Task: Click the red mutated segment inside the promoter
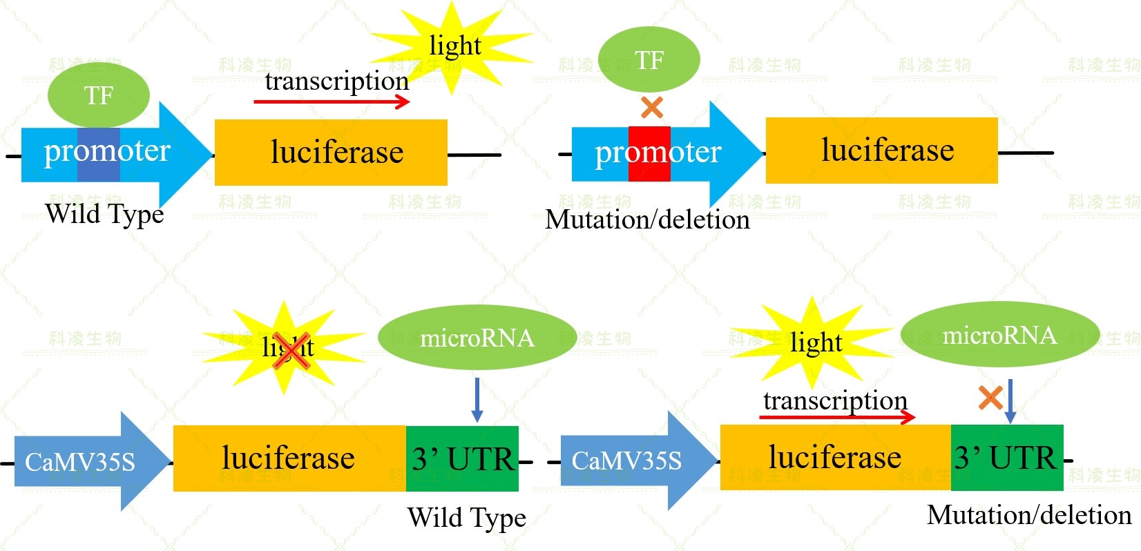(649, 153)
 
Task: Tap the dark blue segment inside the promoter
(99, 155)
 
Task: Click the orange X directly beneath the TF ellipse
(652, 107)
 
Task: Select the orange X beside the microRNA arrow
(990, 398)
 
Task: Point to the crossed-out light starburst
(285, 347)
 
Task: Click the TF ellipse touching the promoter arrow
(99, 95)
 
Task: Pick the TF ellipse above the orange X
(649, 60)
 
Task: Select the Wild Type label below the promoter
(104, 214)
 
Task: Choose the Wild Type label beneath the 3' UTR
(467, 518)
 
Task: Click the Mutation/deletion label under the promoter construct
(647, 220)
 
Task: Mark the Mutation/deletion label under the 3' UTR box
(1029, 515)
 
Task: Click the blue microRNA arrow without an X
(477, 400)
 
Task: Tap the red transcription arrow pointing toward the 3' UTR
(837, 416)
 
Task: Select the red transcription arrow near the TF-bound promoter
(332, 101)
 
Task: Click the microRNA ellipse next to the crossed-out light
(477, 338)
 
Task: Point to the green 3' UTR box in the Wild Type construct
(462, 458)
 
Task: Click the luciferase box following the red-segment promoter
(882, 151)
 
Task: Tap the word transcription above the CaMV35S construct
(835, 400)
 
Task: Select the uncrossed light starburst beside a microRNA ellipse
(814, 342)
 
